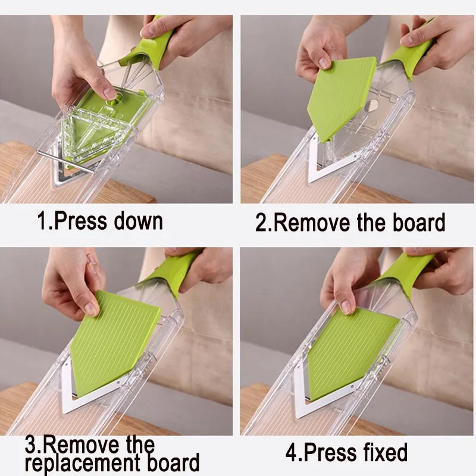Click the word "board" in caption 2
[419, 223]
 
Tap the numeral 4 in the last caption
[292, 453]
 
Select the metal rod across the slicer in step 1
[65, 162]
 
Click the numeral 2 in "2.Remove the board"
[261, 223]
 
